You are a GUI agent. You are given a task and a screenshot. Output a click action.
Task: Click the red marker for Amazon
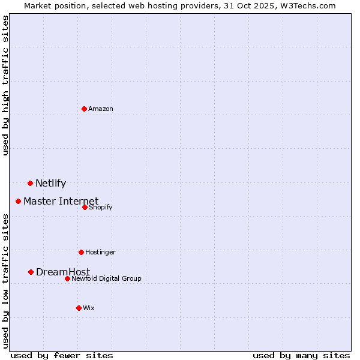[x=85, y=109]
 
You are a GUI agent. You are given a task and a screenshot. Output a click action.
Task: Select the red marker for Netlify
[x=30, y=183]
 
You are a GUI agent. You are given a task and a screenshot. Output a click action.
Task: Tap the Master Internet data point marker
[x=19, y=201]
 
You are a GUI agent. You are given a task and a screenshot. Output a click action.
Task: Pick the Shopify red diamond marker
[x=85, y=207]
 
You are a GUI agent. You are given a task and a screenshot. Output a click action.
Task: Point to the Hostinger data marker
[x=81, y=252]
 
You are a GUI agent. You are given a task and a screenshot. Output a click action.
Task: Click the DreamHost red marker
[x=31, y=272]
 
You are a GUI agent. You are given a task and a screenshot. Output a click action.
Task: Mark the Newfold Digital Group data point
[x=67, y=278]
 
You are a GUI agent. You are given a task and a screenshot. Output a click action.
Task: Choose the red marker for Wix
[x=79, y=308]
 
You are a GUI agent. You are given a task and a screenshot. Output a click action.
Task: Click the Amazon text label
[x=101, y=109]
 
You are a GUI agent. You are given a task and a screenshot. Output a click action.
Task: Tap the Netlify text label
[x=50, y=184]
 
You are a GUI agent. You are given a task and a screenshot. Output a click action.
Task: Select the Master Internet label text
[x=61, y=201]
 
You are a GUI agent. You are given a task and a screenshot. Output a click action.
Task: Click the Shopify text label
[x=100, y=207]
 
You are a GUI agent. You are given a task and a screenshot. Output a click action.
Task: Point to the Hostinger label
[x=100, y=252]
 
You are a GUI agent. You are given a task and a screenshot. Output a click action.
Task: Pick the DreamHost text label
[x=63, y=272]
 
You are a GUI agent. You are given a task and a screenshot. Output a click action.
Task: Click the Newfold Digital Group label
[x=106, y=278]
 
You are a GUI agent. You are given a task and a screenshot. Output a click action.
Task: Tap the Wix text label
[x=89, y=308]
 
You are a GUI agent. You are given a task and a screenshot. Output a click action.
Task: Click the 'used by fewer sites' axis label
[x=62, y=355]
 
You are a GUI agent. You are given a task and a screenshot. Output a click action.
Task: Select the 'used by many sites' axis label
[x=301, y=355]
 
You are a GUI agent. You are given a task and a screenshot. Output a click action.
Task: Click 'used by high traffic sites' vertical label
[x=5, y=85]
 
